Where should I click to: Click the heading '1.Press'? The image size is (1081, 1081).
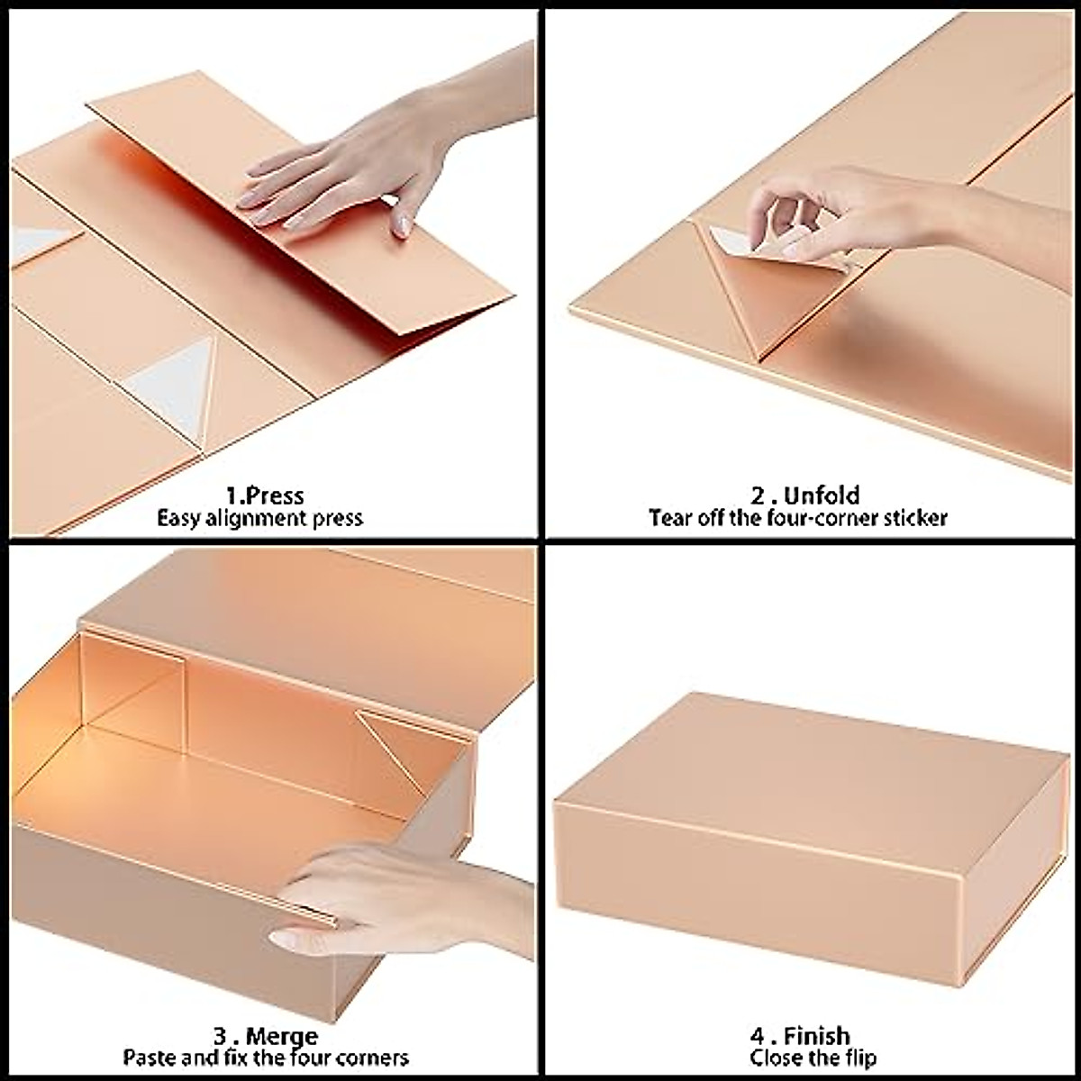(265, 495)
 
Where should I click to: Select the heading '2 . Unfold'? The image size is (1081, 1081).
(805, 495)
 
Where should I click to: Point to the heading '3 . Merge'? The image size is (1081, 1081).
(265, 1036)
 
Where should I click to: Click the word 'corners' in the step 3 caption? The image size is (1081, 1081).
(370, 1058)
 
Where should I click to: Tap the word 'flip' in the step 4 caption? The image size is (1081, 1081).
(858, 1058)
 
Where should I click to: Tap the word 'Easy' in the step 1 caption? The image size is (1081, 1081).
(178, 519)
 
